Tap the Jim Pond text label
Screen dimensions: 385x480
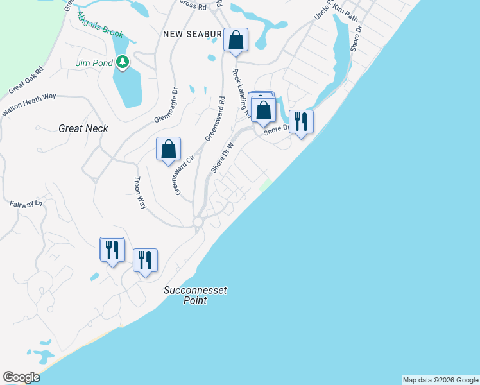(94, 63)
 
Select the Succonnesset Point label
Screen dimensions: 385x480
(195, 295)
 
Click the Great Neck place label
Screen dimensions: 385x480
(83, 128)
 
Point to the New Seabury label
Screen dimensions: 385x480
(192, 33)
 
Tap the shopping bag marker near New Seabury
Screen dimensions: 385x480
(236, 40)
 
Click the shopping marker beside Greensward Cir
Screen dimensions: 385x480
(168, 149)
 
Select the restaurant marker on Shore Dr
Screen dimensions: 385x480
(301, 121)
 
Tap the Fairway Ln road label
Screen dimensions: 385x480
(26, 205)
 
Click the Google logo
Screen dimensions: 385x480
(21, 377)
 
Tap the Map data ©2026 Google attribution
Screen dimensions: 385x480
(440, 380)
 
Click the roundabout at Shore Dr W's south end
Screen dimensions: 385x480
(198, 222)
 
